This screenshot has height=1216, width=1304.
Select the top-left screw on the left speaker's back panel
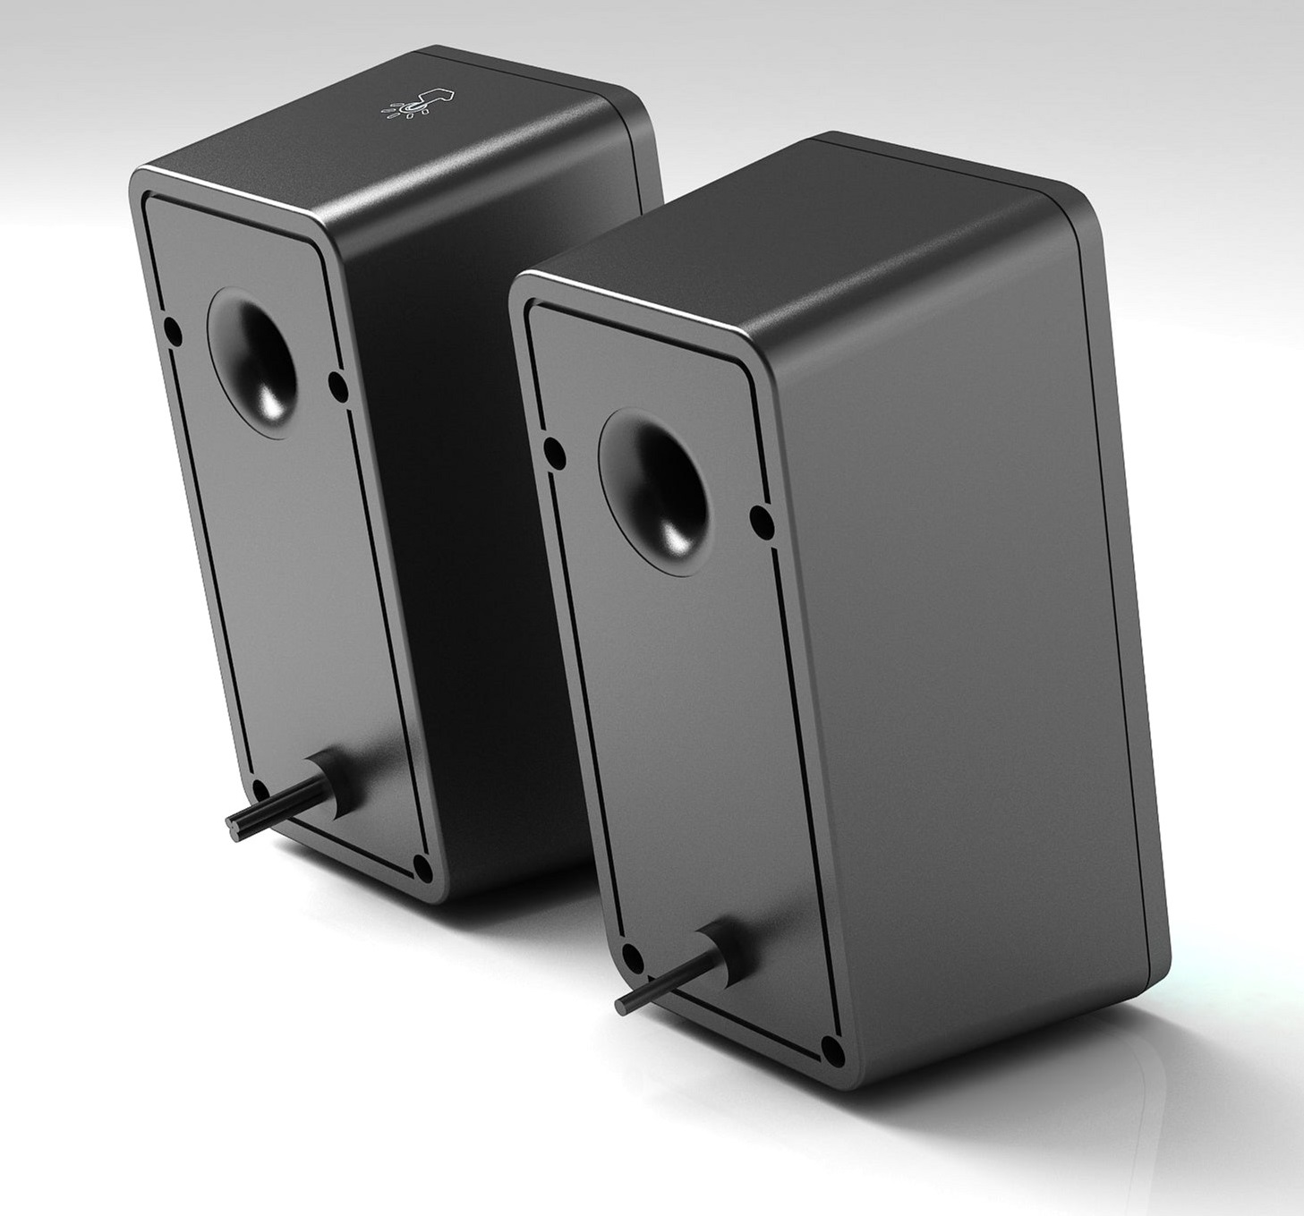pyautogui.click(x=174, y=333)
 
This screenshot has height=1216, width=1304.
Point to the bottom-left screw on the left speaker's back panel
pyautogui.click(x=261, y=788)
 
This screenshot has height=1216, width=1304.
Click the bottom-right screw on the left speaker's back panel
pyautogui.click(x=424, y=868)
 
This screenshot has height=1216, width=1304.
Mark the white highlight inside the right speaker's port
pyautogui.click(x=675, y=536)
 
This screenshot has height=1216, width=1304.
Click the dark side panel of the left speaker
pyautogui.click(x=465, y=537)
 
